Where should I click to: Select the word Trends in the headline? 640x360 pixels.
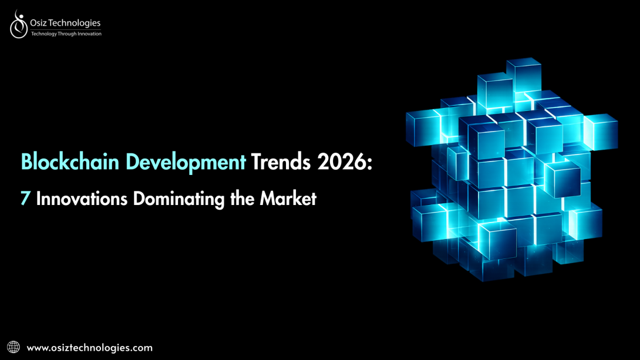(x=279, y=162)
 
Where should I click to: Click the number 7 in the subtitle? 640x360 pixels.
(x=26, y=198)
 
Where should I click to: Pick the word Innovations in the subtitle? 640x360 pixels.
(x=82, y=198)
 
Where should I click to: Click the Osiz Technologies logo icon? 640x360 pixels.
(x=18, y=24)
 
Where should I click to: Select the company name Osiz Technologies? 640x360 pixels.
(x=65, y=23)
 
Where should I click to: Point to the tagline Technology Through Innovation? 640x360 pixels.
(x=66, y=34)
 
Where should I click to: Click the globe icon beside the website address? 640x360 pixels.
(x=14, y=347)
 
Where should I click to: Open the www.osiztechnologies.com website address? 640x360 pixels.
(x=90, y=348)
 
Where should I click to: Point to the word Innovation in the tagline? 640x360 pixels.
(x=89, y=34)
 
